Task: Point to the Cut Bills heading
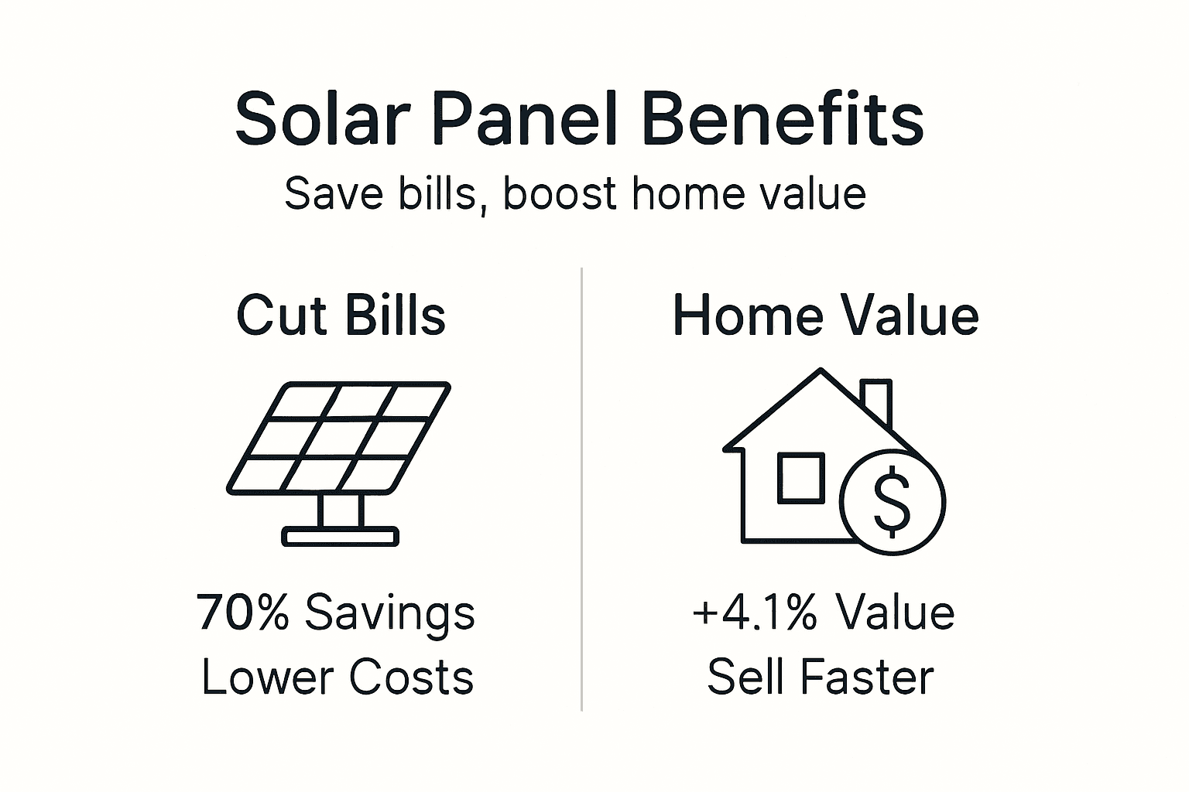coord(341,316)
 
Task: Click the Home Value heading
coord(825,316)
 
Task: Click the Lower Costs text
coord(338,678)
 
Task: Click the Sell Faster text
coord(821,678)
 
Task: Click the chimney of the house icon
coord(877,401)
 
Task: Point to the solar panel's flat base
coord(341,536)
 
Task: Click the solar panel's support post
coord(341,510)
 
